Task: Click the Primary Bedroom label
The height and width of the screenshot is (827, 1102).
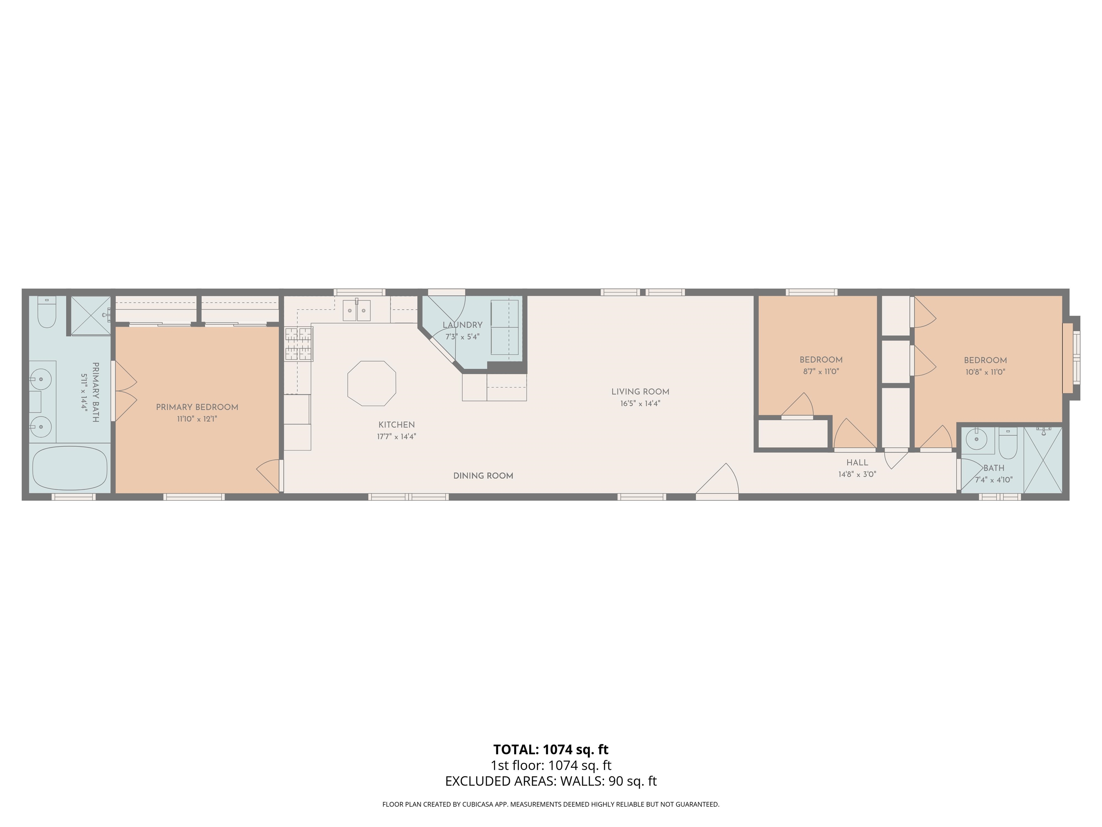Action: (197, 407)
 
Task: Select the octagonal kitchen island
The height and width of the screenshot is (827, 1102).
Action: (372, 383)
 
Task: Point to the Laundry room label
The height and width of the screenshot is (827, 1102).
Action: (462, 325)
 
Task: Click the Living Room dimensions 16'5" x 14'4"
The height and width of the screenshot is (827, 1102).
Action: (640, 404)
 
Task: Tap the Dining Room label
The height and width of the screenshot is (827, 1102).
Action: (483, 476)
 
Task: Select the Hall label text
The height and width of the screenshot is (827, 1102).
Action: (857, 463)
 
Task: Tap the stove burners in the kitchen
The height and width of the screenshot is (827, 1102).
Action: (299, 344)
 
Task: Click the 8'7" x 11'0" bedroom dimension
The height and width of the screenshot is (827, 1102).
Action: (820, 372)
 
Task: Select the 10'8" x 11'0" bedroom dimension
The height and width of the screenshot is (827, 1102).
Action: (985, 372)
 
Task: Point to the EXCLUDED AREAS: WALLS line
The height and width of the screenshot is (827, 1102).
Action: (551, 781)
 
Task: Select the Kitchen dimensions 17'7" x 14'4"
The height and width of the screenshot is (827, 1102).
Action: (396, 437)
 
